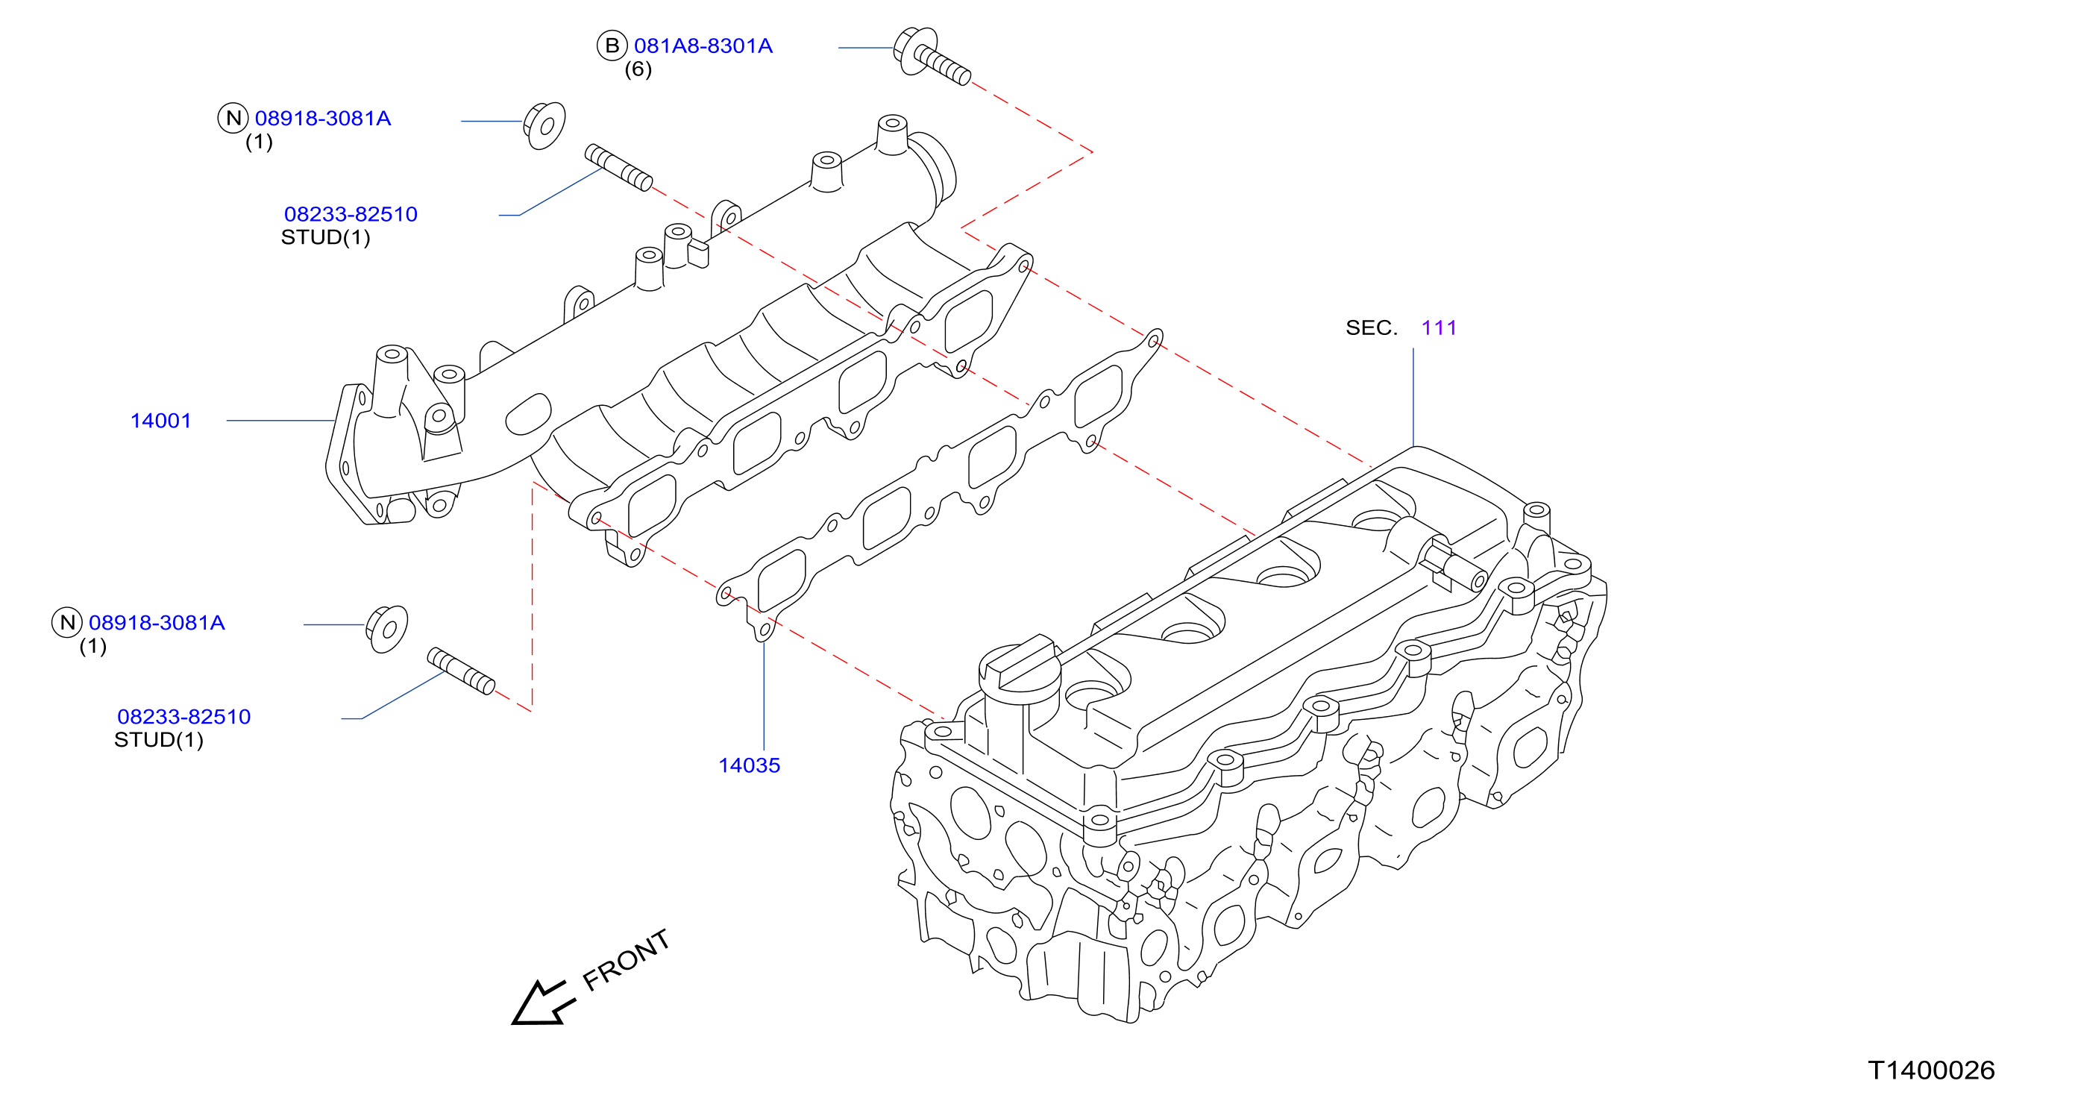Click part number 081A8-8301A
[703, 46]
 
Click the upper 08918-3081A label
[322, 119]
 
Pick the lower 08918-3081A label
[157, 623]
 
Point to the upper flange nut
[544, 125]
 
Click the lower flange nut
[386, 630]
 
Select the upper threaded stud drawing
[618, 168]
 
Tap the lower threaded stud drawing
[461, 671]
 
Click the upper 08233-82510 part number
[351, 214]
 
